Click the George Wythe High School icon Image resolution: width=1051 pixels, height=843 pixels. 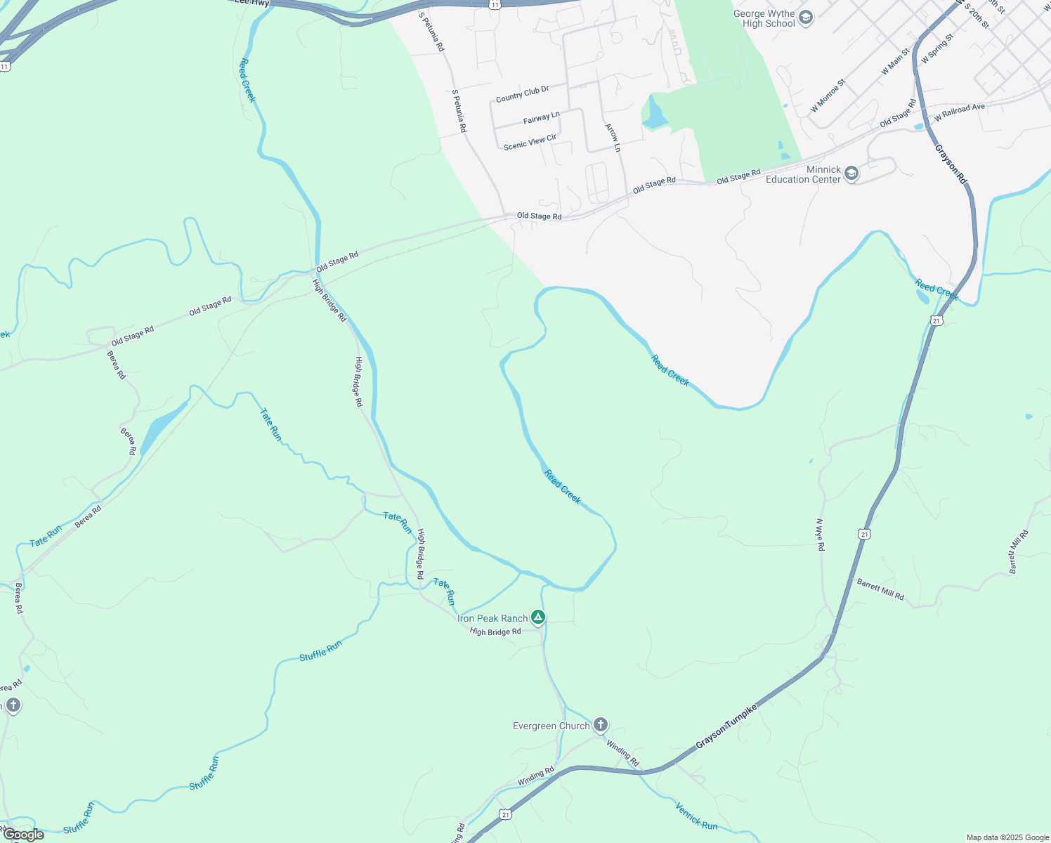coord(806,18)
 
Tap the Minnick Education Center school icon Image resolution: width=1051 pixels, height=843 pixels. coord(851,174)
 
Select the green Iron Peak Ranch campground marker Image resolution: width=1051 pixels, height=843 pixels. coord(537,617)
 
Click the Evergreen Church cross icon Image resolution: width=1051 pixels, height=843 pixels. coord(600,725)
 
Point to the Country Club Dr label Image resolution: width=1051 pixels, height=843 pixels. coord(522,93)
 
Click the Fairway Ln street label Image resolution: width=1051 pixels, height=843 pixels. coord(541,117)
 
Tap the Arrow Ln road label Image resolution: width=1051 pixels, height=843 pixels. coord(613,138)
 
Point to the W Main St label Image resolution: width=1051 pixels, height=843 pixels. coord(895,62)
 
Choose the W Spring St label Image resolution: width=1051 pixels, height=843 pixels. coord(937,48)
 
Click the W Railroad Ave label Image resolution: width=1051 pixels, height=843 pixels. coord(959,112)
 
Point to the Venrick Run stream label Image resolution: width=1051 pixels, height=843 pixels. coord(696,815)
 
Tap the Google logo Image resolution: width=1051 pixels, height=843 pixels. coord(23,835)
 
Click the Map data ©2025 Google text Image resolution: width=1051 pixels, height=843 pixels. coord(1007,837)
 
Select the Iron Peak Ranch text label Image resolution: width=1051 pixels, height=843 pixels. coord(492,618)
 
